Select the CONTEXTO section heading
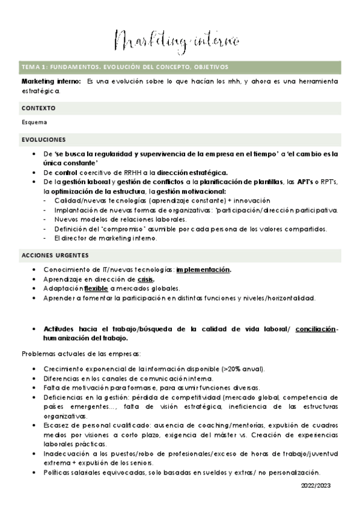[x=38, y=108]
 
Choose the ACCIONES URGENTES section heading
[x=55, y=254]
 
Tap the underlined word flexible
[x=96, y=289]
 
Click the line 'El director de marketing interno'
[x=105, y=239]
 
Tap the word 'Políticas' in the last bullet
[x=59, y=472]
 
